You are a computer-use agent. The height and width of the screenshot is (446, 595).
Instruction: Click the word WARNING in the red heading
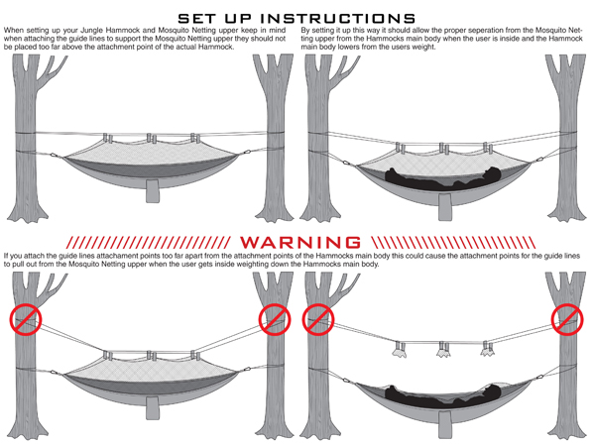coord(297,242)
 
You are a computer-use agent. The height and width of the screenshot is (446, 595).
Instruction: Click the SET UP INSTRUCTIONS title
coord(297,18)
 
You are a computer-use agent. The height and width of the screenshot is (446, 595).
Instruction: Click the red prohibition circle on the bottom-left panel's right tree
coord(273,319)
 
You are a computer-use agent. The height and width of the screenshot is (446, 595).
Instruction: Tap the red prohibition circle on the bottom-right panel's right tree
coord(567,319)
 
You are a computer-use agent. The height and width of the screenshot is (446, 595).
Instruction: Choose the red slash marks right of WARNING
coord(446,242)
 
